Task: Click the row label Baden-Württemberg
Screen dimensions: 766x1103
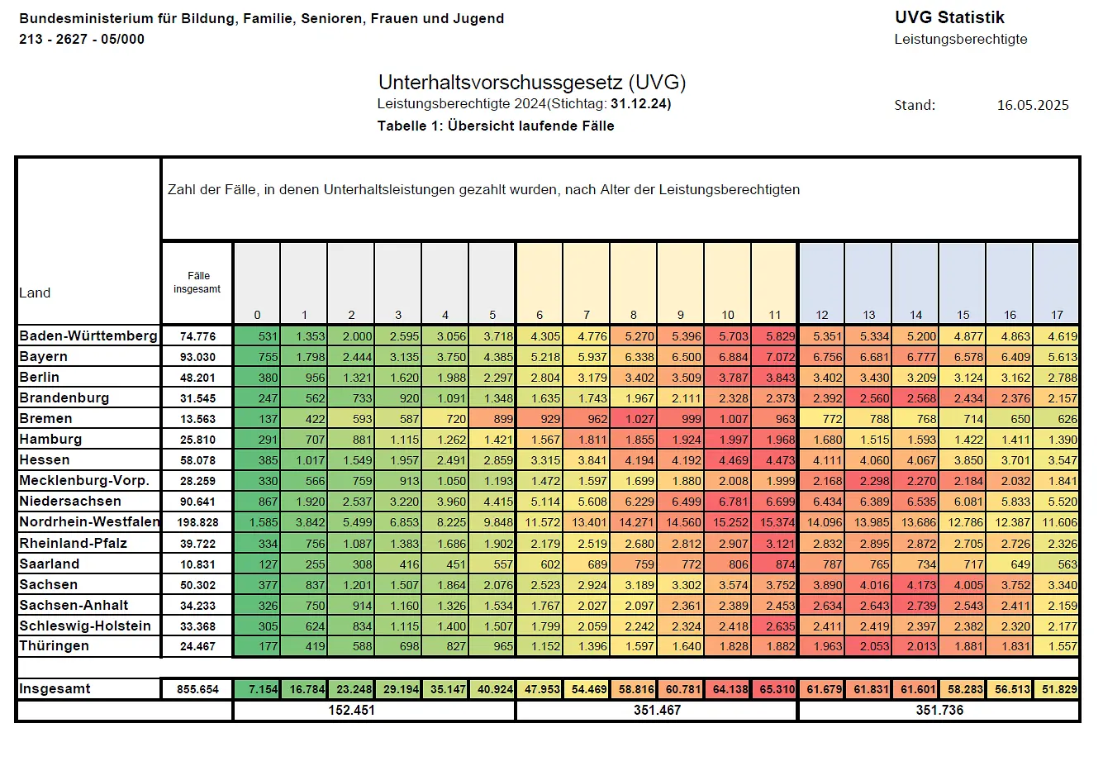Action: click(x=88, y=335)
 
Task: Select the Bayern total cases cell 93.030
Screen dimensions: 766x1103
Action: click(x=197, y=357)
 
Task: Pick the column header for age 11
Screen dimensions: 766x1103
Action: click(x=774, y=315)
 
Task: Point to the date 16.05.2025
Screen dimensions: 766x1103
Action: click(x=1032, y=105)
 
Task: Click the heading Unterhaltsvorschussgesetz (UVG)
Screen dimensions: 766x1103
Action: click(x=532, y=83)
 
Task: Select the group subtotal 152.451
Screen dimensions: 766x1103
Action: click(x=351, y=711)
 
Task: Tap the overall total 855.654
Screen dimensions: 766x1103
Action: click(x=197, y=689)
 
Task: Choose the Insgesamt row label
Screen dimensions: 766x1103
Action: click(x=55, y=689)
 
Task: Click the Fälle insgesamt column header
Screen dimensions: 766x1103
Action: click(x=197, y=283)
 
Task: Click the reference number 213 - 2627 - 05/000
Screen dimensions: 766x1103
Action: click(x=82, y=39)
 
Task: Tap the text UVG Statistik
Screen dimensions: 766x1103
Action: click(x=949, y=17)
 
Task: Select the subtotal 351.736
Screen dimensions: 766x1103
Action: click(x=939, y=711)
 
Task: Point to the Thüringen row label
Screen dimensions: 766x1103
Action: click(x=54, y=646)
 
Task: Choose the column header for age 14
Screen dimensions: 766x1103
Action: click(x=915, y=315)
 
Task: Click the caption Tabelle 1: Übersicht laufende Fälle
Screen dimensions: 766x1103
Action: click(x=496, y=126)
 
